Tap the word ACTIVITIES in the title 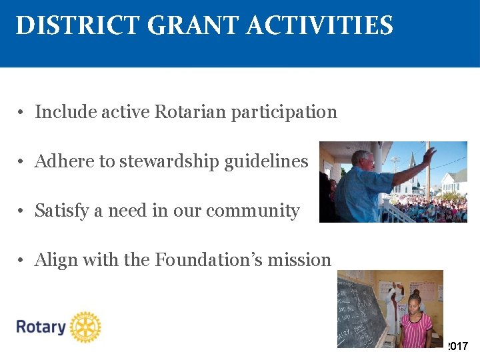point(320,26)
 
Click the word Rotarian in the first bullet point(191,111)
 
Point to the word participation point(284,112)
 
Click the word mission point(299,259)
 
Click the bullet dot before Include point(22,112)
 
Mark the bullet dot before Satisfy point(22,211)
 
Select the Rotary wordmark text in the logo point(41,327)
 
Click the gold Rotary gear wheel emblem point(85,327)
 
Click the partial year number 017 point(459,346)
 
